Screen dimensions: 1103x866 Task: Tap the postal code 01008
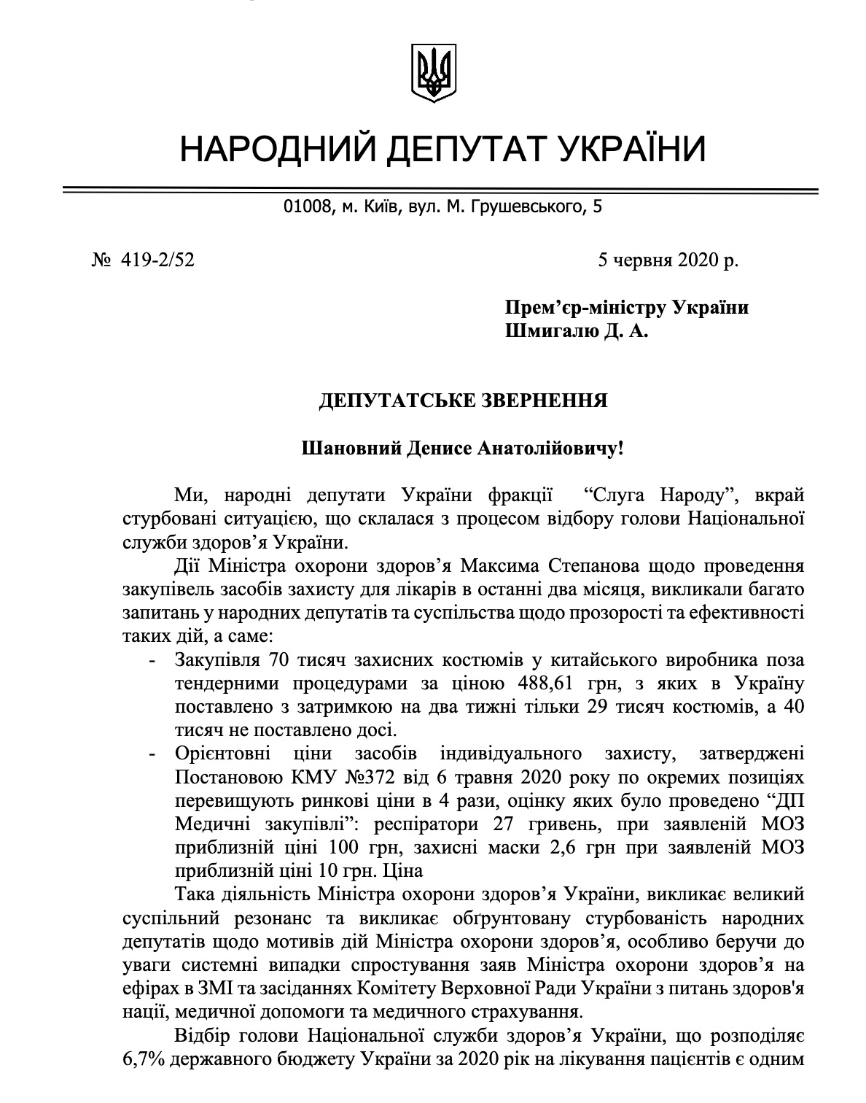click(x=306, y=208)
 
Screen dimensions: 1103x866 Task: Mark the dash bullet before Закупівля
click(x=152, y=660)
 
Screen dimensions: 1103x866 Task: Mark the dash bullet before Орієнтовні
click(x=152, y=755)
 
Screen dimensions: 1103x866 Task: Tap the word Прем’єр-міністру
click(x=575, y=308)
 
